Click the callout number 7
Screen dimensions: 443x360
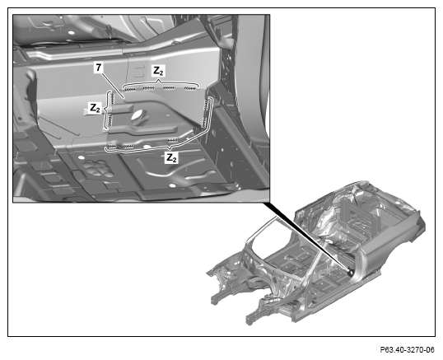[x=98, y=68]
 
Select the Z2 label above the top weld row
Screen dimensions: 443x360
[x=158, y=71]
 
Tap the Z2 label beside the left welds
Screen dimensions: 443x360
[x=95, y=108]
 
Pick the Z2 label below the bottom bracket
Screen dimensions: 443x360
[x=171, y=157]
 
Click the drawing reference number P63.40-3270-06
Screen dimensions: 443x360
[x=407, y=350]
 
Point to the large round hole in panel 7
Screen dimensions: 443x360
[x=140, y=116]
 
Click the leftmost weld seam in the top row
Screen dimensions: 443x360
[x=130, y=90]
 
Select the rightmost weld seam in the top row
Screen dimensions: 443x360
[x=190, y=89]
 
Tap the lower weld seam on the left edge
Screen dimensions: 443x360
[x=110, y=120]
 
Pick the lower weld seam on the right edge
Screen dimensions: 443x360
[x=203, y=123]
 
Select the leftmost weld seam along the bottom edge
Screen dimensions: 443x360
[x=112, y=146]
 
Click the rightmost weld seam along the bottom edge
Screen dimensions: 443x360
[x=173, y=140]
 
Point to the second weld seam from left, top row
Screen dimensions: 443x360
[x=148, y=88]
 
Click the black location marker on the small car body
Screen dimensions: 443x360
[x=350, y=272]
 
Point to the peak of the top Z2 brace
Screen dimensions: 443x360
[x=158, y=81]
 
